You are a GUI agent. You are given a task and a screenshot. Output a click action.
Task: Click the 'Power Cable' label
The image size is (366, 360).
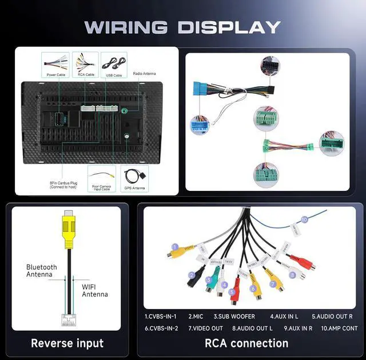55,75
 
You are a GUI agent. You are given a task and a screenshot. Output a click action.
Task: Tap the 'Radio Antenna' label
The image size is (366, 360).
144,74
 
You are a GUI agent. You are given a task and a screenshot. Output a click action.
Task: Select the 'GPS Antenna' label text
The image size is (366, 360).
134,188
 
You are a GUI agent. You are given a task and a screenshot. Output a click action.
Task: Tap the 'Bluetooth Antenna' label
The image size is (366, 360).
42,270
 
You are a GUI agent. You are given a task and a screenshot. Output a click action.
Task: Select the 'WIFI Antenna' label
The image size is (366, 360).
94,290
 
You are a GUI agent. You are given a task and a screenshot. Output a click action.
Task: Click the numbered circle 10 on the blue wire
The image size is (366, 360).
304,219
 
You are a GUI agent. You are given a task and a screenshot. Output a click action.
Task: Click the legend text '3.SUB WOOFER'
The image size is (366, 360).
234,316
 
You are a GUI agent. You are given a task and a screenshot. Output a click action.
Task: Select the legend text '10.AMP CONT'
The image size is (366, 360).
339,328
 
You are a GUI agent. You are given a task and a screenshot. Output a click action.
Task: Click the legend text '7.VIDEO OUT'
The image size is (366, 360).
205,328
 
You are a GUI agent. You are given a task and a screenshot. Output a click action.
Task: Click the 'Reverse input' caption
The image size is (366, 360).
67,343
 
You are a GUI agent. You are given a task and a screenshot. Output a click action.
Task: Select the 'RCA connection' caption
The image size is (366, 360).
246,343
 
